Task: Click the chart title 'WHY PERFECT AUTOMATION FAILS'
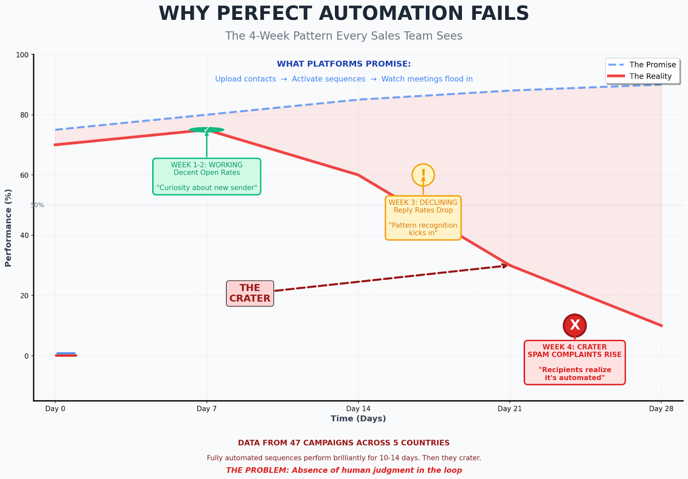pos(344,13)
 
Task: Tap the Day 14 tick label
pos(358,408)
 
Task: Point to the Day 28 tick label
pos(661,408)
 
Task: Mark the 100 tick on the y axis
pos(22,55)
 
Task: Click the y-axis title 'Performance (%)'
pos(8,227)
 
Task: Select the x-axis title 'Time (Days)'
pos(358,418)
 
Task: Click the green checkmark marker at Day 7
pos(207,129)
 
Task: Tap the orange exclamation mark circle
pos(423,175)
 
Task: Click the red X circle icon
pos(574,325)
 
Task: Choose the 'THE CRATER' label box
pos(250,293)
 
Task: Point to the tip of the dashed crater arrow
pos(507,265)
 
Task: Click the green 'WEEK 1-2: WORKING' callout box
pos(207,176)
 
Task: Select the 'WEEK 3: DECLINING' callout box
pos(423,218)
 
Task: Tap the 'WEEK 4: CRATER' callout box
pos(574,362)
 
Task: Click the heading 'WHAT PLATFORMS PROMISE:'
pos(344,64)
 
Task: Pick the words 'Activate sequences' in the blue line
pos(329,79)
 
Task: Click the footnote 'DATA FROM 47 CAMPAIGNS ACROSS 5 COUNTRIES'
pos(344,443)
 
